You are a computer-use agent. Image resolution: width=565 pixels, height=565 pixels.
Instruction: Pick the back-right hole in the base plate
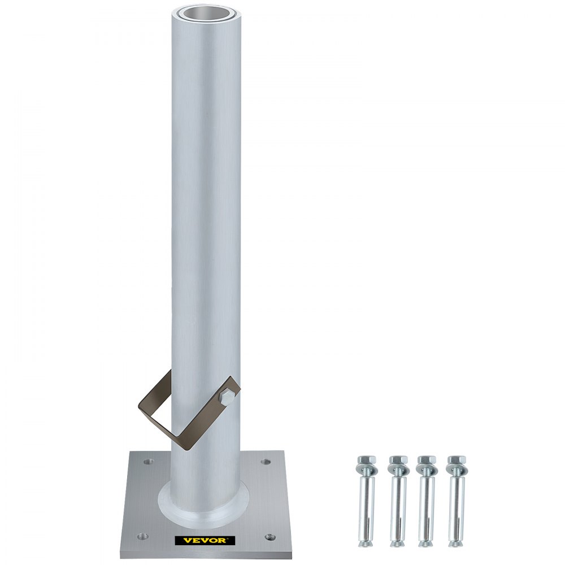coord(263,462)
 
